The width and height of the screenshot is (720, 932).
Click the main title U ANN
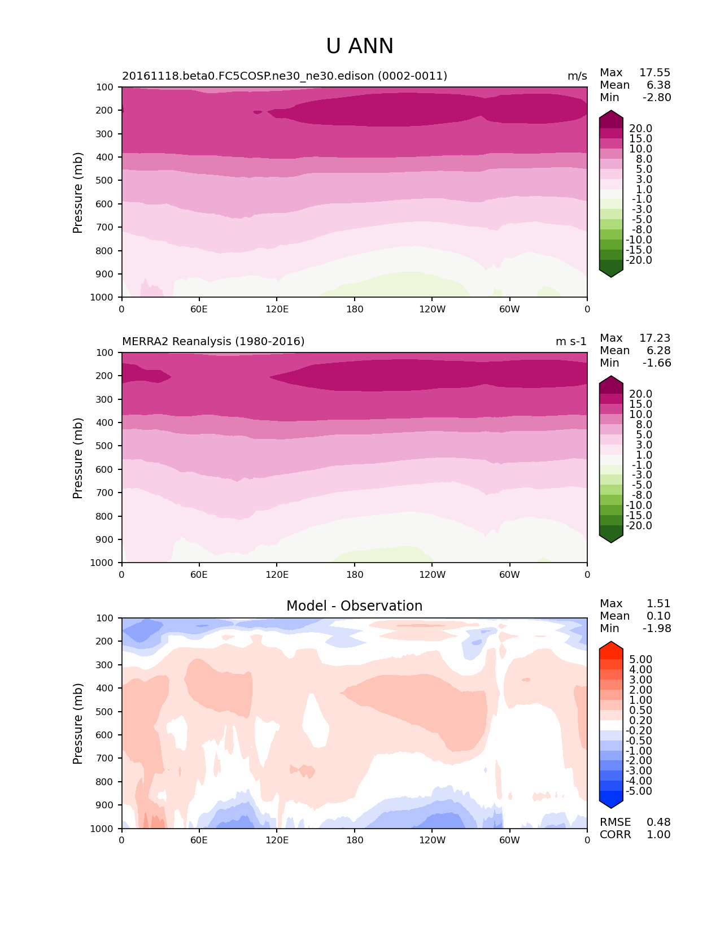[360, 46]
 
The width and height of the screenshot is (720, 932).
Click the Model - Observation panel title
[354, 606]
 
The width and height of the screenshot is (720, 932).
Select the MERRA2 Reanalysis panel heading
[213, 341]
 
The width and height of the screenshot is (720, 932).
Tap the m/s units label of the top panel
[577, 76]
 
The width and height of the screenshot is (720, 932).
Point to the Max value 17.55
[654, 72]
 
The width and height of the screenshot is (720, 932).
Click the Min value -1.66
[657, 363]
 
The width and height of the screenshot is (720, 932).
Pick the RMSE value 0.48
[658, 822]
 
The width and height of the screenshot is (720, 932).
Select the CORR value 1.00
[658, 834]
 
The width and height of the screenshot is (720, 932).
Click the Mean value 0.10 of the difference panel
[658, 616]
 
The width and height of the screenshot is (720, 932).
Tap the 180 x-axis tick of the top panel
[355, 309]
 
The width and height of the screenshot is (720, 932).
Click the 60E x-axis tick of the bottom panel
[199, 840]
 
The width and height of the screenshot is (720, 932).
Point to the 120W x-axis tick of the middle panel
[432, 574]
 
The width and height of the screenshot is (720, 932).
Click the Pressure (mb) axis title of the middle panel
[78, 458]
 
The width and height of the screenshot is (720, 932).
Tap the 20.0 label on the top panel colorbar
[640, 129]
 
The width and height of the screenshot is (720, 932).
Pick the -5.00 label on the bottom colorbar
[639, 791]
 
